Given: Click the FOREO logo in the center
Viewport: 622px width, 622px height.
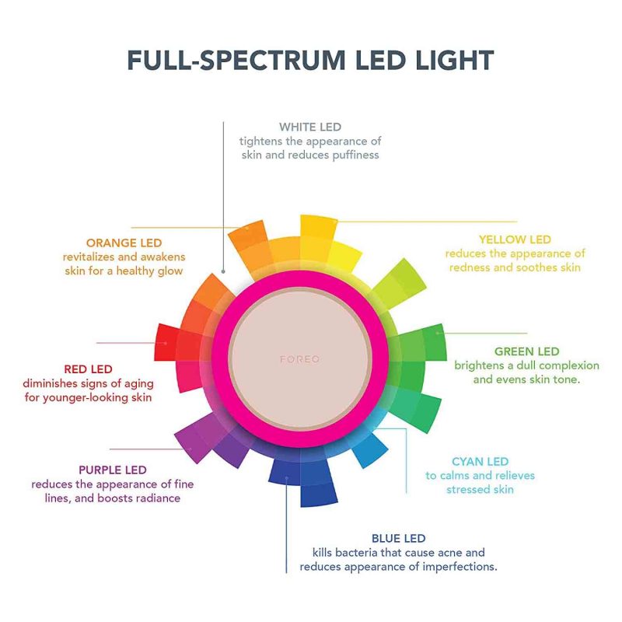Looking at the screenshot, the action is pos(299,359).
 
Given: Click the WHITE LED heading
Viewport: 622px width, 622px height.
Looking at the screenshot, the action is pos(310,127).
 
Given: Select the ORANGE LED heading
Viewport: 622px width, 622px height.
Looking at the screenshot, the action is pos(124,243).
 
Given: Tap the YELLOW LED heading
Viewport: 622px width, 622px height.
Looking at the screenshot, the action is pos(515,239).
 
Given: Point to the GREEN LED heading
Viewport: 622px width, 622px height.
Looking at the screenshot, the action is pos(527,351).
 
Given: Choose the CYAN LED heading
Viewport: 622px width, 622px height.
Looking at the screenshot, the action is pos(480,461).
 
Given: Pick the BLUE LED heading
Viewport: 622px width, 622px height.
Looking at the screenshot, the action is pos(399,538).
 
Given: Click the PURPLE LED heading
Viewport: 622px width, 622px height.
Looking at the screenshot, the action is pos(113,470).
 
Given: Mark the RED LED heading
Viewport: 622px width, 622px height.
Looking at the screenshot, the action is pos(88,369).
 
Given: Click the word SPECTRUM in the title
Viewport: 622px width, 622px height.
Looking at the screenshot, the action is pos(273,61).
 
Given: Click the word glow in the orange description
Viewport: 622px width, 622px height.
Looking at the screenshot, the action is pos(170,271).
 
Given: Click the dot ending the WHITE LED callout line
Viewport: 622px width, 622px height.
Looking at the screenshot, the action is pos(223,271).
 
